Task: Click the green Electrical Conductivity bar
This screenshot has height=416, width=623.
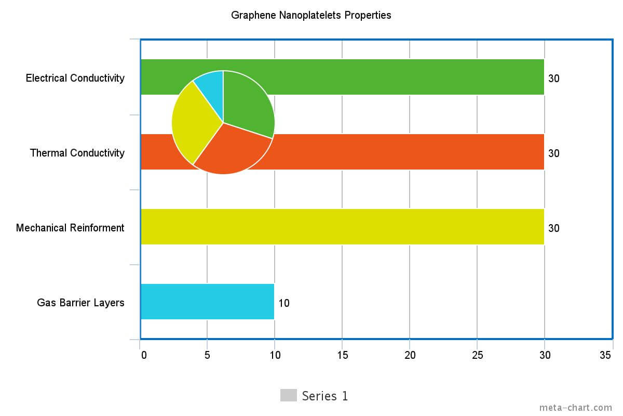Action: pyautogui.click(x=405, y=77)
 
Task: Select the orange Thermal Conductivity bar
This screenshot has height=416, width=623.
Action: pyautogui.click(x=405, y=152)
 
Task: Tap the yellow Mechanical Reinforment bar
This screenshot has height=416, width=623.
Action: pyautogui.click(x=343, y=227)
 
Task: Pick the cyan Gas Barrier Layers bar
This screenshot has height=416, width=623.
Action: pyautogui.click(x=207, y=302)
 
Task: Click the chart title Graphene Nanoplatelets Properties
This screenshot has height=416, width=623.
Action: pyautogui.click(x=311, y=15)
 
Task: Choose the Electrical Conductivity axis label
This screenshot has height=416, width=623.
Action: pyautogui.click(x=75, y=78)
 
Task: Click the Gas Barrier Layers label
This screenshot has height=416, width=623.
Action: pyautogui.click(x=80, y=303)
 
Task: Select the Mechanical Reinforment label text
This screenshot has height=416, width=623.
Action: pyautogui.click(x=70, y=228)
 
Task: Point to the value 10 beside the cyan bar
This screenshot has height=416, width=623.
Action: pyautogui.click(x=284, y=303)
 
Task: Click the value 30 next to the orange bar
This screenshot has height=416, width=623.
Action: pyautogui.click(x=554, y=153)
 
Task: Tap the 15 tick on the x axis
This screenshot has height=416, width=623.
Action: pyautogui.click(x=343, y=355)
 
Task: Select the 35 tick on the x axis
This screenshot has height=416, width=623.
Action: pyautogui.click(x=605, y=355)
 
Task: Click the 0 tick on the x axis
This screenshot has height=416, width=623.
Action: pyautogui.click(x=144, y=355)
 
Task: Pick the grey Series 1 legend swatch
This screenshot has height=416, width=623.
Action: pyautogui.click(x=288, y=395)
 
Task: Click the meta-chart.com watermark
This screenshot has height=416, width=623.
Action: pyautogui.click(x=576, y=408)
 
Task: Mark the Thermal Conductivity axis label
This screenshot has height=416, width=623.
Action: pyautogui.click(x=77, y=153)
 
